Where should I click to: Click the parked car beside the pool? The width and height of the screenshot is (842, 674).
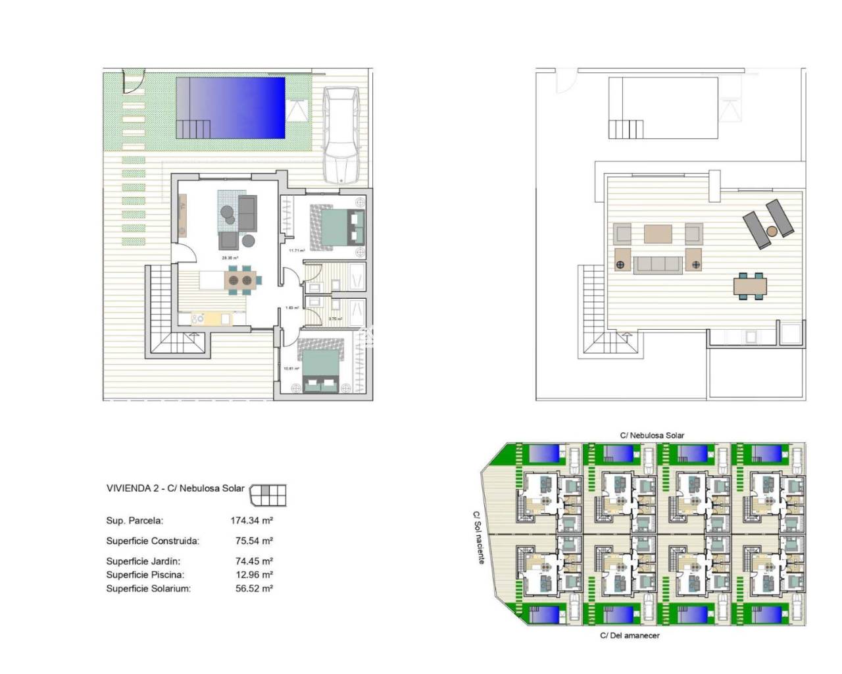pyautogui.click(x=341, y=136)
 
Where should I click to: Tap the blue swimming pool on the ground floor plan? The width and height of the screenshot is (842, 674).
pyautogui.click(x=230, y=107)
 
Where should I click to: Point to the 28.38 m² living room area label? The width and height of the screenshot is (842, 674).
pyautogui.click(x=230, y=259)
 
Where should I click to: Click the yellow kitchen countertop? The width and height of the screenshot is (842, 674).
pyautogui.click(x=212, y=319)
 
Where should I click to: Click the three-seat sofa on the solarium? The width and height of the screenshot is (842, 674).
pyautogui.click(x=656, y=264)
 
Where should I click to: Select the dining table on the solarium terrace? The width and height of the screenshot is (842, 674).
pyautogui.click(x=750, y=286)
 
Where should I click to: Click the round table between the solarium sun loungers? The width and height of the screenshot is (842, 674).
pyautogui.click(x=772, y=231)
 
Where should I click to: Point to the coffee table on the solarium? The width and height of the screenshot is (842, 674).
pyautogui.click(x=658, y=234)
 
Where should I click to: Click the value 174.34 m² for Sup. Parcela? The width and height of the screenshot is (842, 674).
pyautogui.click(x=251, y=521)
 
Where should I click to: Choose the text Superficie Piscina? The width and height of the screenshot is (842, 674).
pyautogui.click(x=145, y=575)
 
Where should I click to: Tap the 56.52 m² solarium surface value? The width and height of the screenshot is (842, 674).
pyautogui.click(x=254, y=588)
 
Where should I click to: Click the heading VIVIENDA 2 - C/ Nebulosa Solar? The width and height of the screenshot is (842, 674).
pyautogui.click(x=175, y=488)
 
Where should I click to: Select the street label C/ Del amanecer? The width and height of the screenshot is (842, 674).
pyautogui.click(x=630, y=636)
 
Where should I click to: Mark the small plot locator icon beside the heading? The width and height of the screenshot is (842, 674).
pyautogui.click(x=269, y=494)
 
